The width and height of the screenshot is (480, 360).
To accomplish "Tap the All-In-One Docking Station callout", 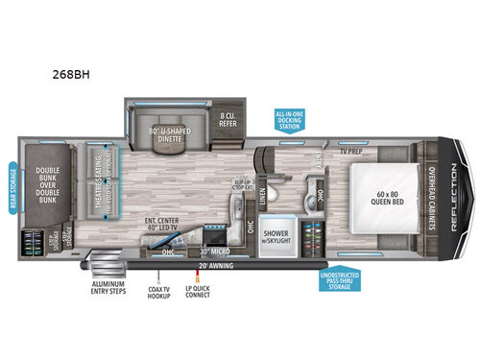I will tap(291, 122).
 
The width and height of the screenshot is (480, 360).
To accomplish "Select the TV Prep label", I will tap(349, 152).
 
